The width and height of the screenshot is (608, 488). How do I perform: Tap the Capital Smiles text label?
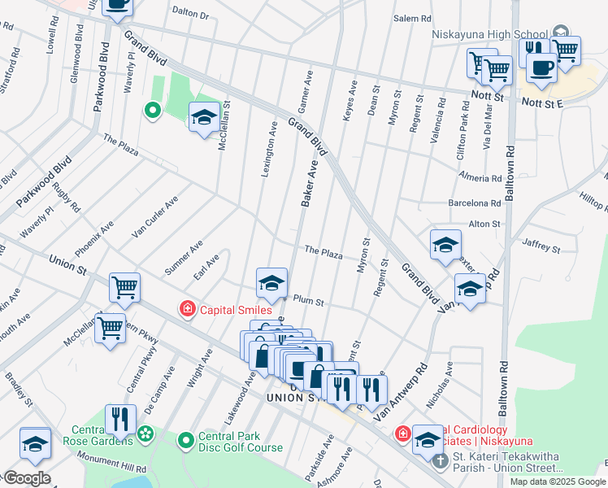click(x=230, y=309)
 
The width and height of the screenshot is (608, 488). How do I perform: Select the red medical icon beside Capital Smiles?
click(x=187, y=309)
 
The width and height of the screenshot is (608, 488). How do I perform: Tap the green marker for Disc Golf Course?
click(x=186, y=442)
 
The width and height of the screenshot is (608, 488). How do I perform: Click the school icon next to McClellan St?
click(x=203, y=116)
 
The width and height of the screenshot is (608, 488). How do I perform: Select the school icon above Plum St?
click(x=271, y=282)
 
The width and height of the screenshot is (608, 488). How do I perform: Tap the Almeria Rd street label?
click(x=480, y=178)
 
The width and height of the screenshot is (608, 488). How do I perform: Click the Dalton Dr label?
click(x=191, y=15)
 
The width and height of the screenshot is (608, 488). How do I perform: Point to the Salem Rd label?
click(x=412, y=18)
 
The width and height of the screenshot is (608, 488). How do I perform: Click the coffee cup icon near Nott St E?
click(x=541, y=68)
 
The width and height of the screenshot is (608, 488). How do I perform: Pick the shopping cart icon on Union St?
click(x=124, y=286)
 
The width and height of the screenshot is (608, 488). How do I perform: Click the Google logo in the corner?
click(x=26, y=478)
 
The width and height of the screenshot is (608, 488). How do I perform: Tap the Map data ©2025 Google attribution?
click(x=556, y=481)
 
